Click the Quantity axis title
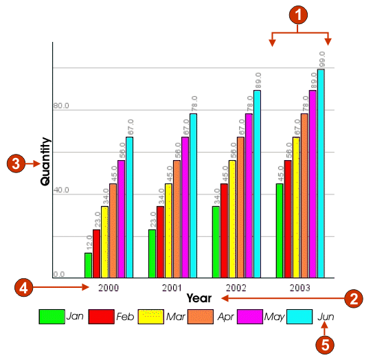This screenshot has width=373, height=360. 46,161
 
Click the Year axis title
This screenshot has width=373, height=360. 199,298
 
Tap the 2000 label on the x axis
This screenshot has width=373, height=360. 109,286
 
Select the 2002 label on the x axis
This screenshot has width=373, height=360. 237,286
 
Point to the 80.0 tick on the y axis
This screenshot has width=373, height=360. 62,106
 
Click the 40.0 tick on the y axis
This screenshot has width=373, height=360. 62,190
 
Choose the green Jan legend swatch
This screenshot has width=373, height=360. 52,317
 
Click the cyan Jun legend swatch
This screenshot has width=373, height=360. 301,317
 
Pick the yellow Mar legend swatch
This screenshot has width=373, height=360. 151,317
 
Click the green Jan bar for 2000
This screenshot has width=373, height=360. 88,265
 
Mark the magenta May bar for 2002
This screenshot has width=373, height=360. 249,196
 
